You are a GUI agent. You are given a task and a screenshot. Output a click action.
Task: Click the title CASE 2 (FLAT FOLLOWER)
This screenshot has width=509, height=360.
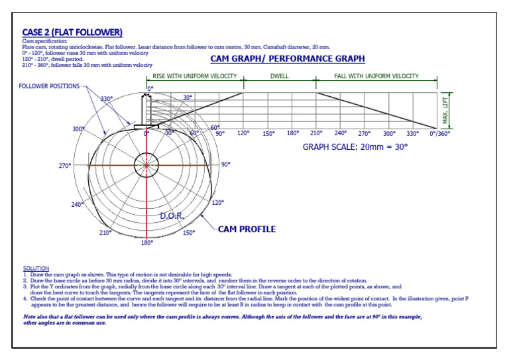coord(72,32)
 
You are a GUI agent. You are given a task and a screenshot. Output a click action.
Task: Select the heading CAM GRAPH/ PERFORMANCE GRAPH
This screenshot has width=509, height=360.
coord(288,59)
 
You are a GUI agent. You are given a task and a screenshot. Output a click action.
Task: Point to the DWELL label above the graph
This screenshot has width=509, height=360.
coord(278,76)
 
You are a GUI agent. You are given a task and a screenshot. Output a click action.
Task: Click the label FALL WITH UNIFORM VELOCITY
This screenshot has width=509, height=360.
coord(376,76)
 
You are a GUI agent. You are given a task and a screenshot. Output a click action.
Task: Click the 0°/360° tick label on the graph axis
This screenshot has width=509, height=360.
coord(439,133)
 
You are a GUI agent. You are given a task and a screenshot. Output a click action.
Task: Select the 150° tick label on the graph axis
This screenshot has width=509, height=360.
coord(268,133)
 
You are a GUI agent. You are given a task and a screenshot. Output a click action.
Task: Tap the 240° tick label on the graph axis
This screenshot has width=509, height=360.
coord(341,133)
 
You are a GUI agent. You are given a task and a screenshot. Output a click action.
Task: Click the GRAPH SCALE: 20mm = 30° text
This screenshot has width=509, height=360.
coord(355,147)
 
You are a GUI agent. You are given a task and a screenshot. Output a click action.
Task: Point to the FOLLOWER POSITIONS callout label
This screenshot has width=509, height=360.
coord(49,87)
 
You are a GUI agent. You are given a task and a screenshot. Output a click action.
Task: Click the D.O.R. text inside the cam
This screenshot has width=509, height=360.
coord(172,216)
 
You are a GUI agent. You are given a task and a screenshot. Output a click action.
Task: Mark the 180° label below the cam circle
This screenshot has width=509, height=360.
coord(146,243)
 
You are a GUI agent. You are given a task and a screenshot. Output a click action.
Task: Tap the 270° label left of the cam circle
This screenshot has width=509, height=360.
coord(64,166)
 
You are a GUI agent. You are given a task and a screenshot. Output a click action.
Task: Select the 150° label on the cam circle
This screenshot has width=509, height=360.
coord(189,233)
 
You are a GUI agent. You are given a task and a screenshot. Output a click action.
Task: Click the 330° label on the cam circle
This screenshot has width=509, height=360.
coord(106,99)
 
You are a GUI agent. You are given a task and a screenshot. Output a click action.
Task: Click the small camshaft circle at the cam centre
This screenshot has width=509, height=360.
coord(146,165)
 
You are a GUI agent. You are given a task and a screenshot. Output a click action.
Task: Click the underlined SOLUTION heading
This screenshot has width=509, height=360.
coord(36,269)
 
